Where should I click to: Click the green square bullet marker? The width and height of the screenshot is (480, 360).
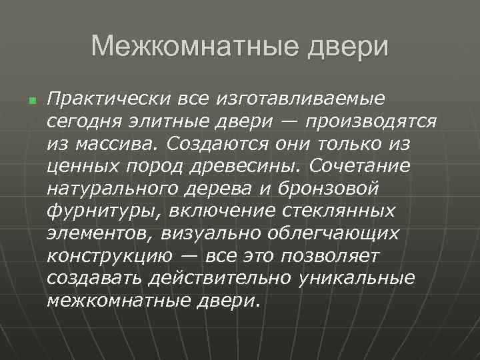(31, 101)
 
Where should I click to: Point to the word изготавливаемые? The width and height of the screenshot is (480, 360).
(299, 100)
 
